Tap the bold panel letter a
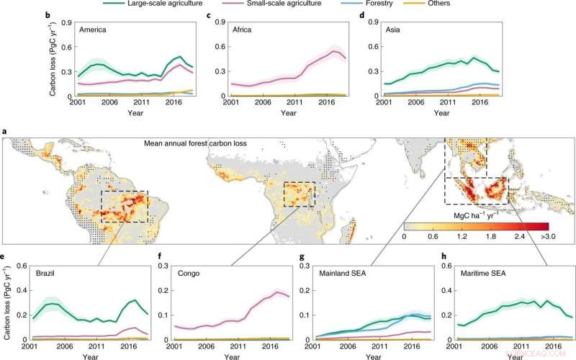tap(6, 132)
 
